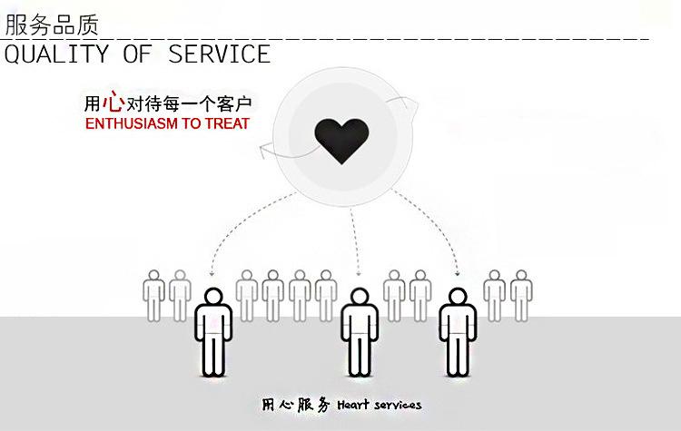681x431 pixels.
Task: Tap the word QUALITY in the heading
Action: pyautogui.click(x=56, y=54)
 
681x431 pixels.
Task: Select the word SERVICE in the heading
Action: pyautogui.click(x=220, y=54)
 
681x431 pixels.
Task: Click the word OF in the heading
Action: pyautogui.click(x=138, y=54)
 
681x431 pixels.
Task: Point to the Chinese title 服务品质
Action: pyautogui.click(x=52, y=24)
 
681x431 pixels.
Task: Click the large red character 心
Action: pyautogui.click(x=113, y=101)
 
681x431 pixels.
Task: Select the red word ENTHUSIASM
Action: pyautogui.click(x=132, y=123)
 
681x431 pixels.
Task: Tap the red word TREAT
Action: pyautogui.click(x=227, y=123)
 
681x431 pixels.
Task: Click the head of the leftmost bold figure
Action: pyautogui.click(x=213, y=298)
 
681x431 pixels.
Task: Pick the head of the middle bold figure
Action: pyautogui.click(x=360, y=298)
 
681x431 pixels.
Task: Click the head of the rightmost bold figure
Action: pyautogui.click(x=458, y=298)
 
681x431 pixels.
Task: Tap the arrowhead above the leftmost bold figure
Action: pyautogui.click(x=212, y=273)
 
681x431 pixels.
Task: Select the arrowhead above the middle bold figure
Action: pyautogui.click(x=359, y=273)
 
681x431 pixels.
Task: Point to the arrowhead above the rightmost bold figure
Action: pyautogui.click(x=458, y=273)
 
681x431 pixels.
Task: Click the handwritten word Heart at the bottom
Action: pyautogui.click(x=353, y=405)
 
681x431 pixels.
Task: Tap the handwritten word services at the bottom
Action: pyautogui.click(x=398, y=406)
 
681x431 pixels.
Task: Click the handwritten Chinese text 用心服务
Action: pyautogui.click(x=296, y=405)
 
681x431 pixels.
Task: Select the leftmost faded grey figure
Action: pyautogui.click(x=153, y=296)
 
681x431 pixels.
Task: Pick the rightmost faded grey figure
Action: pyautogui.click(x=521, y=296)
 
